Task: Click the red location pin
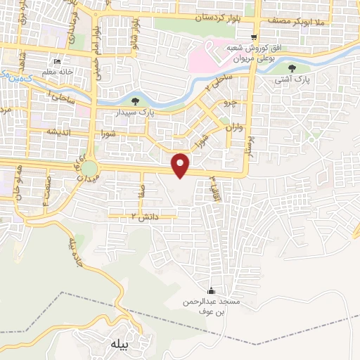point(181,165)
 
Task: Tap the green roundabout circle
point(89,169)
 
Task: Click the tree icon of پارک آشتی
point(292,68)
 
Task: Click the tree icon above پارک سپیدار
point(125,101)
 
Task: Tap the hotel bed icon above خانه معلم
point(58,60)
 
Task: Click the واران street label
point(233,129)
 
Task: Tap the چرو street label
point(230,103)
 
